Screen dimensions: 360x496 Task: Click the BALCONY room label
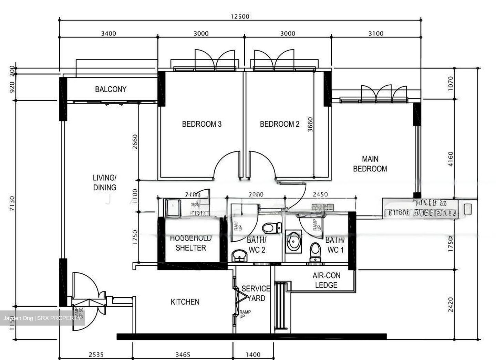pos(111,89)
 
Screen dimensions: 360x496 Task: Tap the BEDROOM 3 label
pos(201,124)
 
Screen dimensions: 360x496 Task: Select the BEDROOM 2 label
pos(279,124)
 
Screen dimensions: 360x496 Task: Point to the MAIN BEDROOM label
pos(370,164)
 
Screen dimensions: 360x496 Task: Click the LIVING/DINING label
pos(105,182)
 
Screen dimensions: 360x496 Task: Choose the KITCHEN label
pos(185,302)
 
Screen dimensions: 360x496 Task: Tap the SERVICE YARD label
pos(256,293)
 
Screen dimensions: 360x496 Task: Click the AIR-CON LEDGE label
pos(326,280)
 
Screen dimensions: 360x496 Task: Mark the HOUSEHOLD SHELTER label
pos(190,243)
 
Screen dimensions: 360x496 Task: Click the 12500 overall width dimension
pos(240,16)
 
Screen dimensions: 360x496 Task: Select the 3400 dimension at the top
pos(108,33)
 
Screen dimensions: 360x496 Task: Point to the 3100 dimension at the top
pos(376,33)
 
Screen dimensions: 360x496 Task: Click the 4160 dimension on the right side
pos(451,159)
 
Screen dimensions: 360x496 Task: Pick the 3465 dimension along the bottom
pos(183,354)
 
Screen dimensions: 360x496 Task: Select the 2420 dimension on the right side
pos(451,304)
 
